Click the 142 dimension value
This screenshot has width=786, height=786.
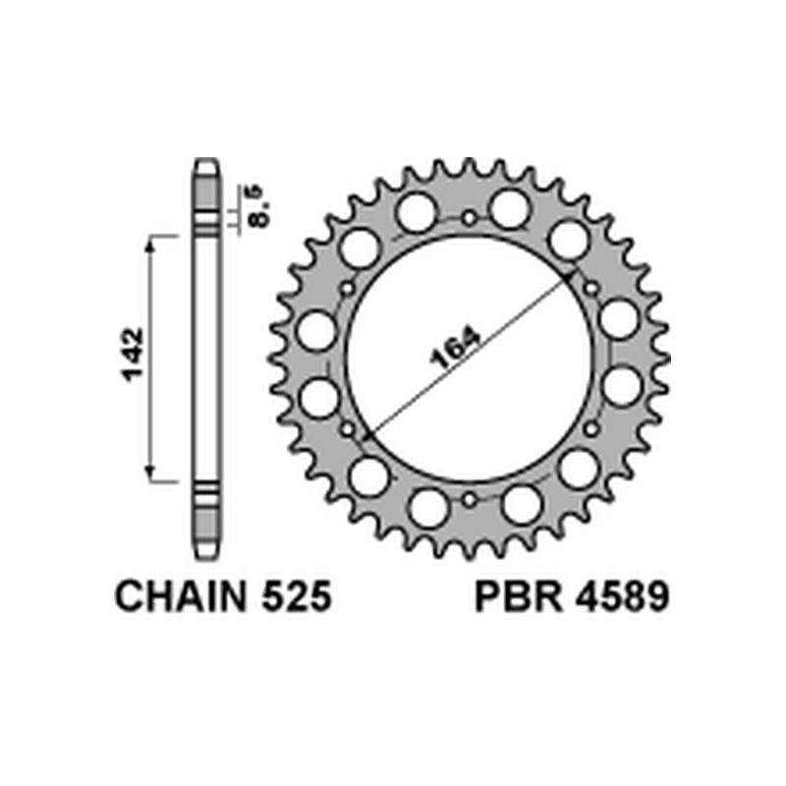pyautogui.click(x=134, y=358)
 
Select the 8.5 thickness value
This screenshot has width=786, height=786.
pyautogui.click(x=258, y=205)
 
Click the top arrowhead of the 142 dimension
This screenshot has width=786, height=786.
pyautogui.click(x=151, y=241)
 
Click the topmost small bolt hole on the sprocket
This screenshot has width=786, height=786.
pyautogui.click(x=470, y=217)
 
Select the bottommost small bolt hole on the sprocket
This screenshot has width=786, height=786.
pyautogui.click(x=470, y=500)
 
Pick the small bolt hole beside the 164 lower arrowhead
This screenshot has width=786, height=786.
pyautogui.click(x=347, y=429)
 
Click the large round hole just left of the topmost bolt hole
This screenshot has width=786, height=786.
pyautogui.click(x=414, y=210)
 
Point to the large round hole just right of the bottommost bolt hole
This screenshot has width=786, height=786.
pyautogui.click(x=520, y=504)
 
